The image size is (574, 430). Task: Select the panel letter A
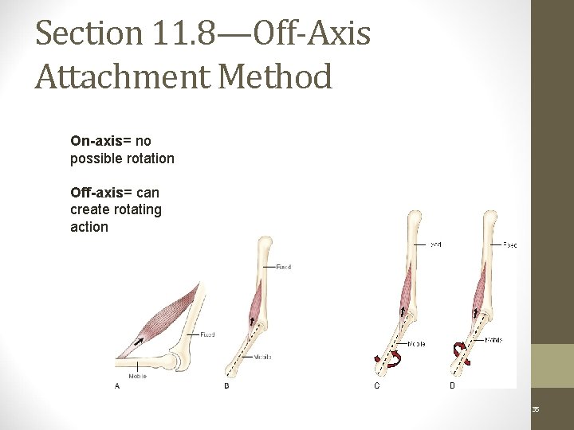[x=117, y=386]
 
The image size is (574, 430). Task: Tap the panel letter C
[x=377, y=386]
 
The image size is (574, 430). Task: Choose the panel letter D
[x=452, y=386]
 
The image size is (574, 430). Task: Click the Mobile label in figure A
[x=137, y=376]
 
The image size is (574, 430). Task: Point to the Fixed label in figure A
[x=206, y=334]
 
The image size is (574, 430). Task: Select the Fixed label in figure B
[x=283, y=267]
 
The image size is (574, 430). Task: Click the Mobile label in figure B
[x=264, y=357]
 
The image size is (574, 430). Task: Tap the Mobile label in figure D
[x=494, y=340]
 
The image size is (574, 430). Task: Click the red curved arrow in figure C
[x=390, y=362]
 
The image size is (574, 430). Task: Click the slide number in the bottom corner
[x=536, y=409]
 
